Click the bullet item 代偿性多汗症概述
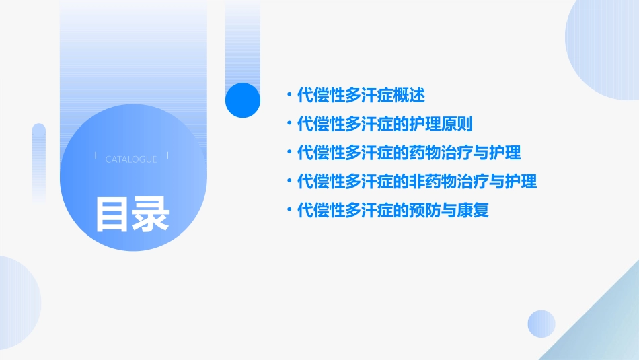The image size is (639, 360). tap(361, 95)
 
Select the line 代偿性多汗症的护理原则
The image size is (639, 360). tap(385, 124)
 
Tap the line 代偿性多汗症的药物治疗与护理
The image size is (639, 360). tap(409, 153)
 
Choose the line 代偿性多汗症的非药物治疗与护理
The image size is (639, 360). tap(417, 182)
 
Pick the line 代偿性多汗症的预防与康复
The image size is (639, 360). tap(393, 211)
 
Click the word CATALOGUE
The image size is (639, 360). tap(131, 159)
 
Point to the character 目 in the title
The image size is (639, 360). tap(112, 215)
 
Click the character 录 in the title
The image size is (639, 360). tap(151, 215)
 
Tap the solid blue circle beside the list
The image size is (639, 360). tap(242, 100)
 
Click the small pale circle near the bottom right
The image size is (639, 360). tap(541, 324)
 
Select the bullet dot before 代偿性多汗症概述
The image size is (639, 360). tap(289, 96)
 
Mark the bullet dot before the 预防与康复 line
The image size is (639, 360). tap(289, 211)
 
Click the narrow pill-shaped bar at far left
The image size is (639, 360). tap(39, 161)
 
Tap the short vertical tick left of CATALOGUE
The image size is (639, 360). tap(96, 156)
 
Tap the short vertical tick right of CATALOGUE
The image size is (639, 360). tap(167, 156)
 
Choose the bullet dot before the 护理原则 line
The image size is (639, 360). tap(289, 124)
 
